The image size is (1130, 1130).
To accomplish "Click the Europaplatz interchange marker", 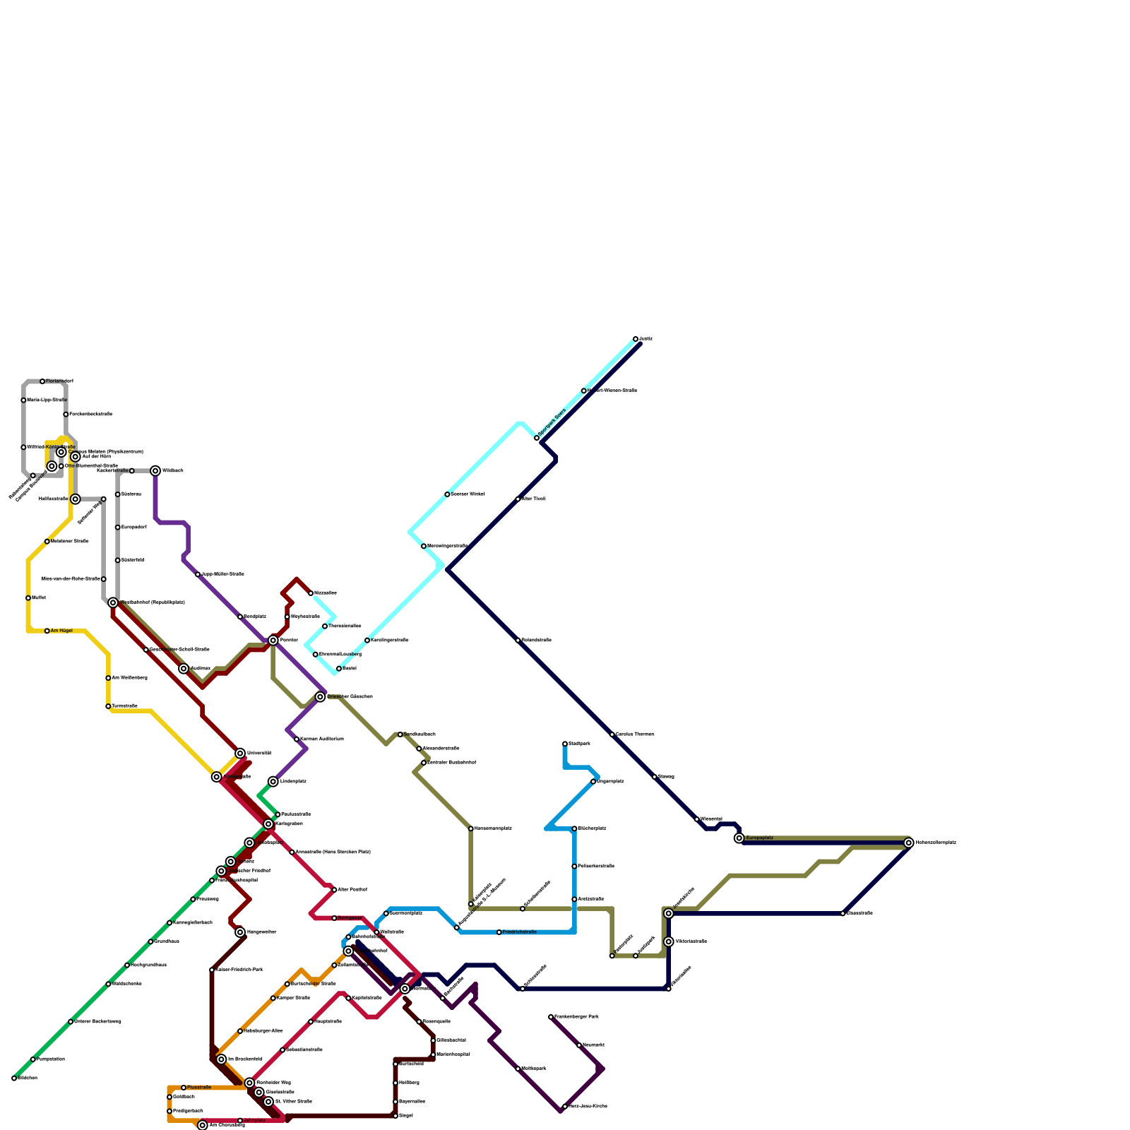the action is click(x=739, y=838).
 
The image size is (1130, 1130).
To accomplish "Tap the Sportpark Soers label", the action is click(x=552, y=422).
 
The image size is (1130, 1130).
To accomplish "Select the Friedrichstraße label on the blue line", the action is click(x=520, y=932).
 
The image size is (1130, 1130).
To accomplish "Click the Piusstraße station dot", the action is click(x=184, y=1088).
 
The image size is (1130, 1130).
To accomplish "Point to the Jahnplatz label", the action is click(x=255, y=1120).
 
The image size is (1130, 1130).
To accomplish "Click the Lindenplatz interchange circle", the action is click(x=273, y=782).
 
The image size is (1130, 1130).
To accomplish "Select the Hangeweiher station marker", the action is click(x=240, y=932).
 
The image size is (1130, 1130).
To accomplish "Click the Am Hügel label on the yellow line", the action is click(x=61, y=631).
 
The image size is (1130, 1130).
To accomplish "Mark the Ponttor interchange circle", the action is click(x=273, y=641).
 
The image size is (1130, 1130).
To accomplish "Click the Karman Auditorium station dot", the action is click(x=297, y=739).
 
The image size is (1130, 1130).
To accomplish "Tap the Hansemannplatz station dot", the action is click(x=471, y=828).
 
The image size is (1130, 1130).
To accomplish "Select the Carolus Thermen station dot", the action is click(x=612, y=734).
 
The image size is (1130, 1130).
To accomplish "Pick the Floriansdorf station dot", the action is click(x=42, y=381).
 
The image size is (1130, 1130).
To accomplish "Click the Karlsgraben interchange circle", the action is click(x=268, y=824).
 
